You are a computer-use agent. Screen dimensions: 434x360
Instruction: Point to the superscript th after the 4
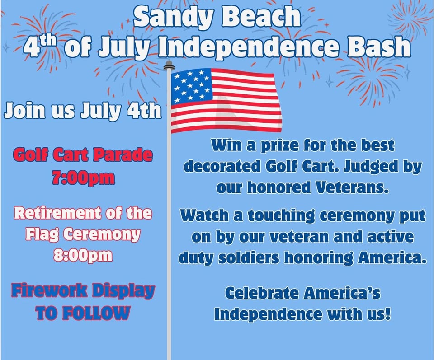[47, 42]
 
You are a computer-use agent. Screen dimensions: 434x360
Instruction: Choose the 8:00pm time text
[83, 255]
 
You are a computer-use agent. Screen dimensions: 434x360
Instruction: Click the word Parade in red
[123, 155]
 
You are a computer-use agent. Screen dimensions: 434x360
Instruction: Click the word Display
[123, 292]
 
